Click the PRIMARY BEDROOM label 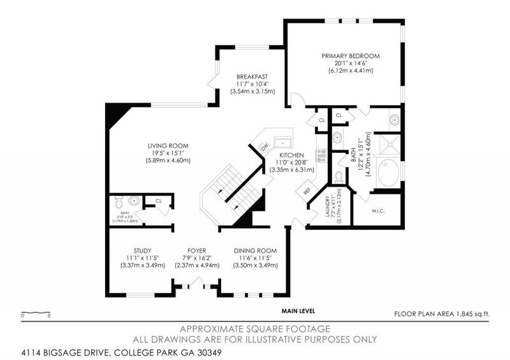coord(351,56)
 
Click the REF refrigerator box coord(307,190)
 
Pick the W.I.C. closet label coord(378,210)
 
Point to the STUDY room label coord(142,250)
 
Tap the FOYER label coord(197,250)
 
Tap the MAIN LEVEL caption coord(298,311)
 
